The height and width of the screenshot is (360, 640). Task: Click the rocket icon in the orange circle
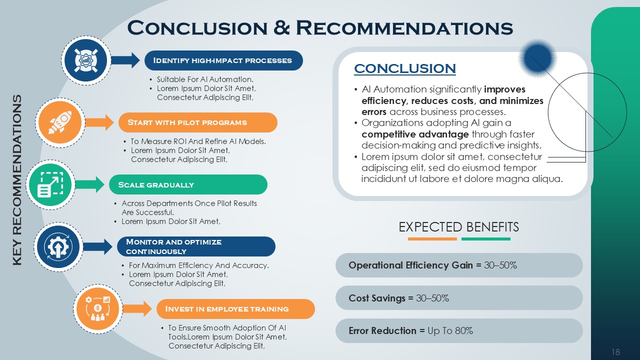[x=60, y=122]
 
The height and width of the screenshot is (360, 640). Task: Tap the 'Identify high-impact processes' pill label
[x=223, y=60]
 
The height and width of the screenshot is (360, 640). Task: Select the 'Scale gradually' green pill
[x=188, y=184]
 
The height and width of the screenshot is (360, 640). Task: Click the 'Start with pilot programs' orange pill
[x=197, y=122]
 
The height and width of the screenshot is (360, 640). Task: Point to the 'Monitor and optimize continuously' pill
[x=196, y=246]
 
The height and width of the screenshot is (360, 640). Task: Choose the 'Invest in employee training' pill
[x=235, y=309]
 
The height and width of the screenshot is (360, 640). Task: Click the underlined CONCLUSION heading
[x=405, y=68]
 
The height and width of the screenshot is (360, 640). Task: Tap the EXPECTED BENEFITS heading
[x=458, y=227]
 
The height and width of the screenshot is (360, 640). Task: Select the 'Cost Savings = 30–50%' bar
[x=459, y=298]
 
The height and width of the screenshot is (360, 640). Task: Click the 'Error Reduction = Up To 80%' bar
[x=459, y=331]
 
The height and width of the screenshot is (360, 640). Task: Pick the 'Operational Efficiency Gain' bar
[x=459, y=265]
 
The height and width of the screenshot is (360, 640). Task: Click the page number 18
[x=615, y=351]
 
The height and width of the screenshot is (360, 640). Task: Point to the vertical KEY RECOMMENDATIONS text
[x=17, y=180]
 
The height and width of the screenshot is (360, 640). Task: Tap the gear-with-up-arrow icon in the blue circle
[x=58, y=247]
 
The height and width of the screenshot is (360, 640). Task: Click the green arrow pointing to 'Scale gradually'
[x=89, y=184]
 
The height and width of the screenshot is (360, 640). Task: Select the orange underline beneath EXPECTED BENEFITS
[x=432, y=239]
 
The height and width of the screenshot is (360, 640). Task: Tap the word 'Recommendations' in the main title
[x=404, y=28]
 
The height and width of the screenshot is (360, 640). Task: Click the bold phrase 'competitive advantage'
[x=415, y=134]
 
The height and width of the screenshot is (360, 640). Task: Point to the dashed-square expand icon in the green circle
[x=50, y=184]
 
